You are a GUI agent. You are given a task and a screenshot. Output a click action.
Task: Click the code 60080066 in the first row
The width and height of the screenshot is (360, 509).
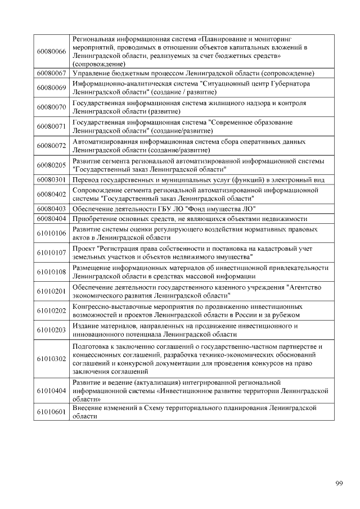coord(51,52)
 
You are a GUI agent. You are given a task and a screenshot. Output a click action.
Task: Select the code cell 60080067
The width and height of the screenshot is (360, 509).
coord(51,74)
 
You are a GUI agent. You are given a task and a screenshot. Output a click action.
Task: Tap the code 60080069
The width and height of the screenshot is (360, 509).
coord(51,87)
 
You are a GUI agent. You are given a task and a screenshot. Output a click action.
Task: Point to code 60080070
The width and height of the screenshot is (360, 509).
coord(51,107)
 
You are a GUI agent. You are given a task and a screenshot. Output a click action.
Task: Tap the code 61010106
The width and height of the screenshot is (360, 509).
coord(51,233)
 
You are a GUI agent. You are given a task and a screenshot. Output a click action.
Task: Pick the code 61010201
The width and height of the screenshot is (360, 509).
coord(51,291)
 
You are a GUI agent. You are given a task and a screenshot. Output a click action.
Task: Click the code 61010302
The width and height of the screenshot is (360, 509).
coord(51,358)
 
